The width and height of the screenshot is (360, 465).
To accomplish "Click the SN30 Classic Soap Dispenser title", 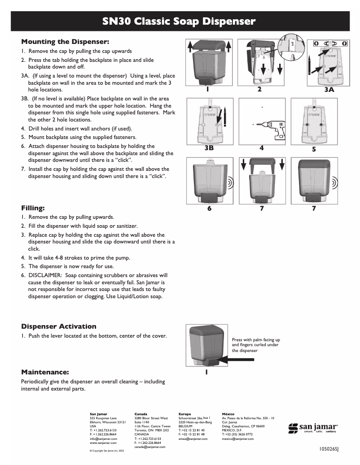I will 180,21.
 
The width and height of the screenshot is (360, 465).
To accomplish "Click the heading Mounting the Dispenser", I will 66,42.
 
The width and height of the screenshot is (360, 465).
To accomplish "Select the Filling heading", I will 33,208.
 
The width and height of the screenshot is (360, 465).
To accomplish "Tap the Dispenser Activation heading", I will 59,326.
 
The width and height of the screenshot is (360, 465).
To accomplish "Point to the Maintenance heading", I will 45,372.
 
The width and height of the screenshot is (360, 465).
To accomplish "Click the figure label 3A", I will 329,90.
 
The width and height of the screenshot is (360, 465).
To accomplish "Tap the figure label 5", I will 314,150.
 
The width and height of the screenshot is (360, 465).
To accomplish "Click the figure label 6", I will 209,209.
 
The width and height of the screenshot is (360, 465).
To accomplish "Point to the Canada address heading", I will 140,414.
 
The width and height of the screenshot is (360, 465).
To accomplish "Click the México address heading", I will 228,414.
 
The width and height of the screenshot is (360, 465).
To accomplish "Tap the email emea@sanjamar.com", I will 193,439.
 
